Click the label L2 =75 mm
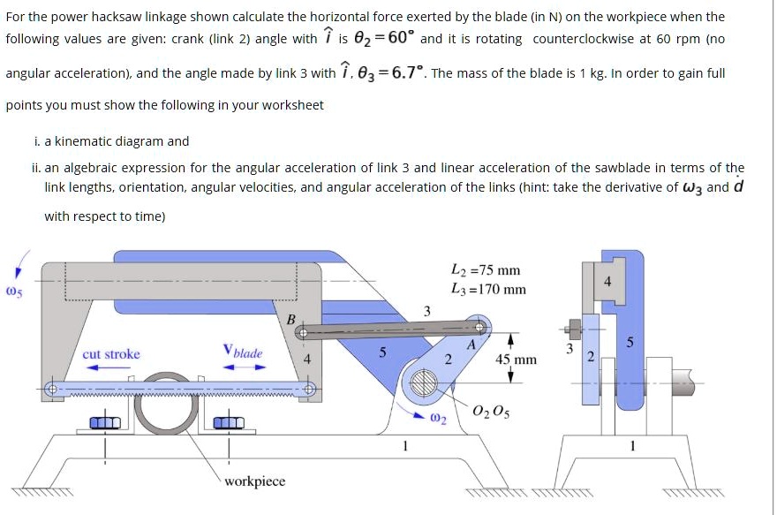pos(485,270)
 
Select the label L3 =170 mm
pos(487,289)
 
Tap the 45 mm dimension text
pos(516,360)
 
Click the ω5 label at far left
pos(12,288)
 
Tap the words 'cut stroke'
pos(111,354)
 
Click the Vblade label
pos(243,352)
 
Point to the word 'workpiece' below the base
pos(254,481)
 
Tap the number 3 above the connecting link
pos(426,310)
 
